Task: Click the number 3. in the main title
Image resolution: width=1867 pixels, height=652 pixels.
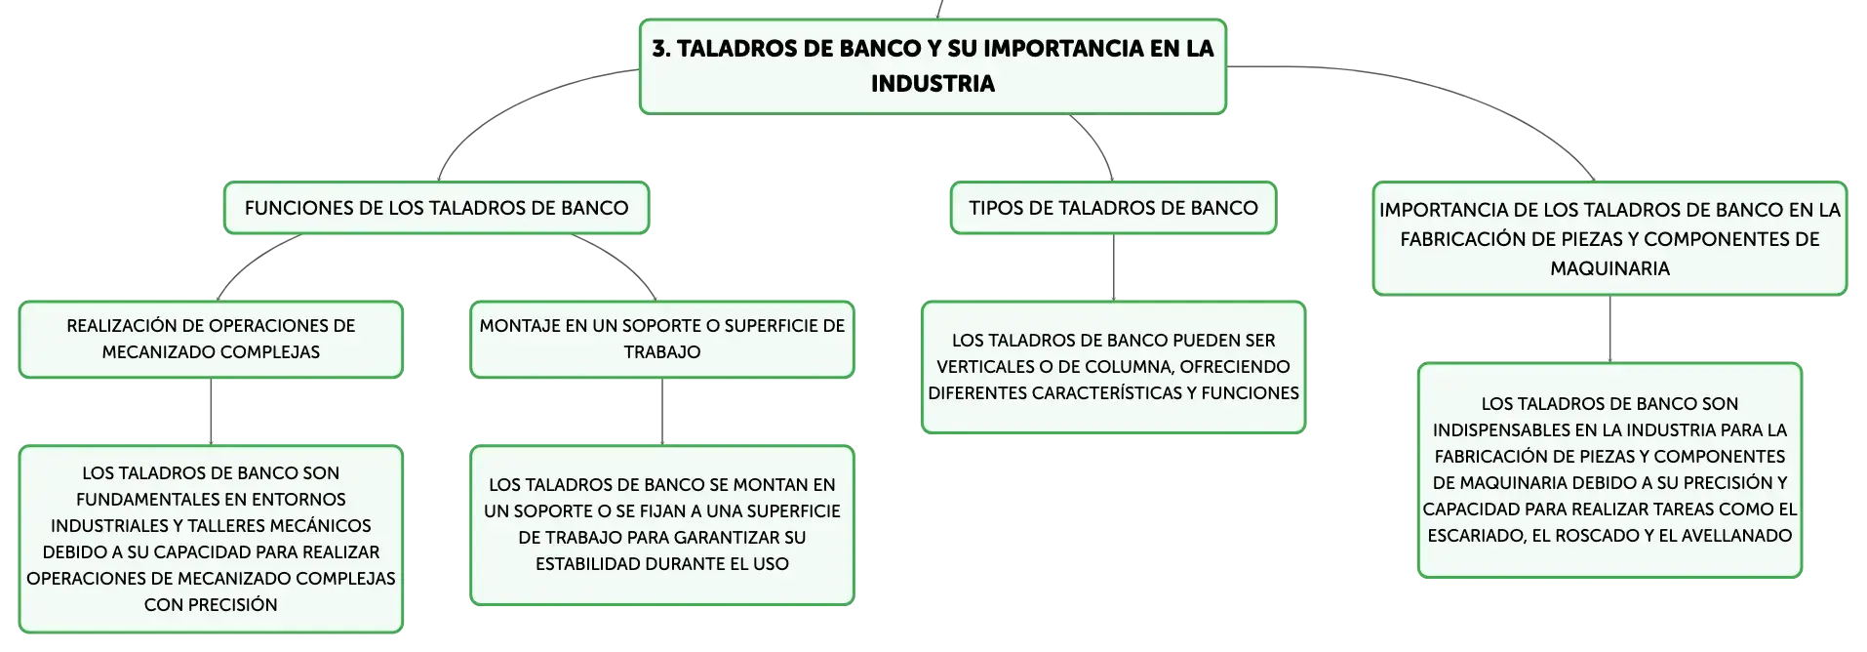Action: (661, 49)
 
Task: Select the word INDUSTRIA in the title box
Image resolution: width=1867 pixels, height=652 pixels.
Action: (933, 84)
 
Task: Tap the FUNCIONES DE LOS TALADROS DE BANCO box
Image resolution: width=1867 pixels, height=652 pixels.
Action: (436, 208)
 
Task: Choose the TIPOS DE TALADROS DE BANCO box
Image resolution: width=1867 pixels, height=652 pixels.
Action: (1113, 208)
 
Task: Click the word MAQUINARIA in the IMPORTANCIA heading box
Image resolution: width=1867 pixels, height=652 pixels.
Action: (1609, 268)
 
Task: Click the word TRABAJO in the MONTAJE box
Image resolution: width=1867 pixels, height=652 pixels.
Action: (662, 352)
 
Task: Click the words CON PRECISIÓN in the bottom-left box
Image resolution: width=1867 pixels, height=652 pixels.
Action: (211, 605)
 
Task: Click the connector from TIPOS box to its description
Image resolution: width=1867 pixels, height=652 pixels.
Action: (1113, 267)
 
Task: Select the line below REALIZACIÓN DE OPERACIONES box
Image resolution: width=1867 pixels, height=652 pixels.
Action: (211, 412)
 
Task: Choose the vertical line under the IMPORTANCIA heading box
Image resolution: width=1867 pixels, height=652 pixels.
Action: (1609, 329)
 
